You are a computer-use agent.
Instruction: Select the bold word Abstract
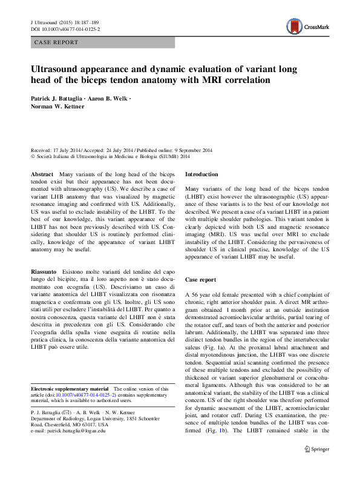click(x=42, y=174)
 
